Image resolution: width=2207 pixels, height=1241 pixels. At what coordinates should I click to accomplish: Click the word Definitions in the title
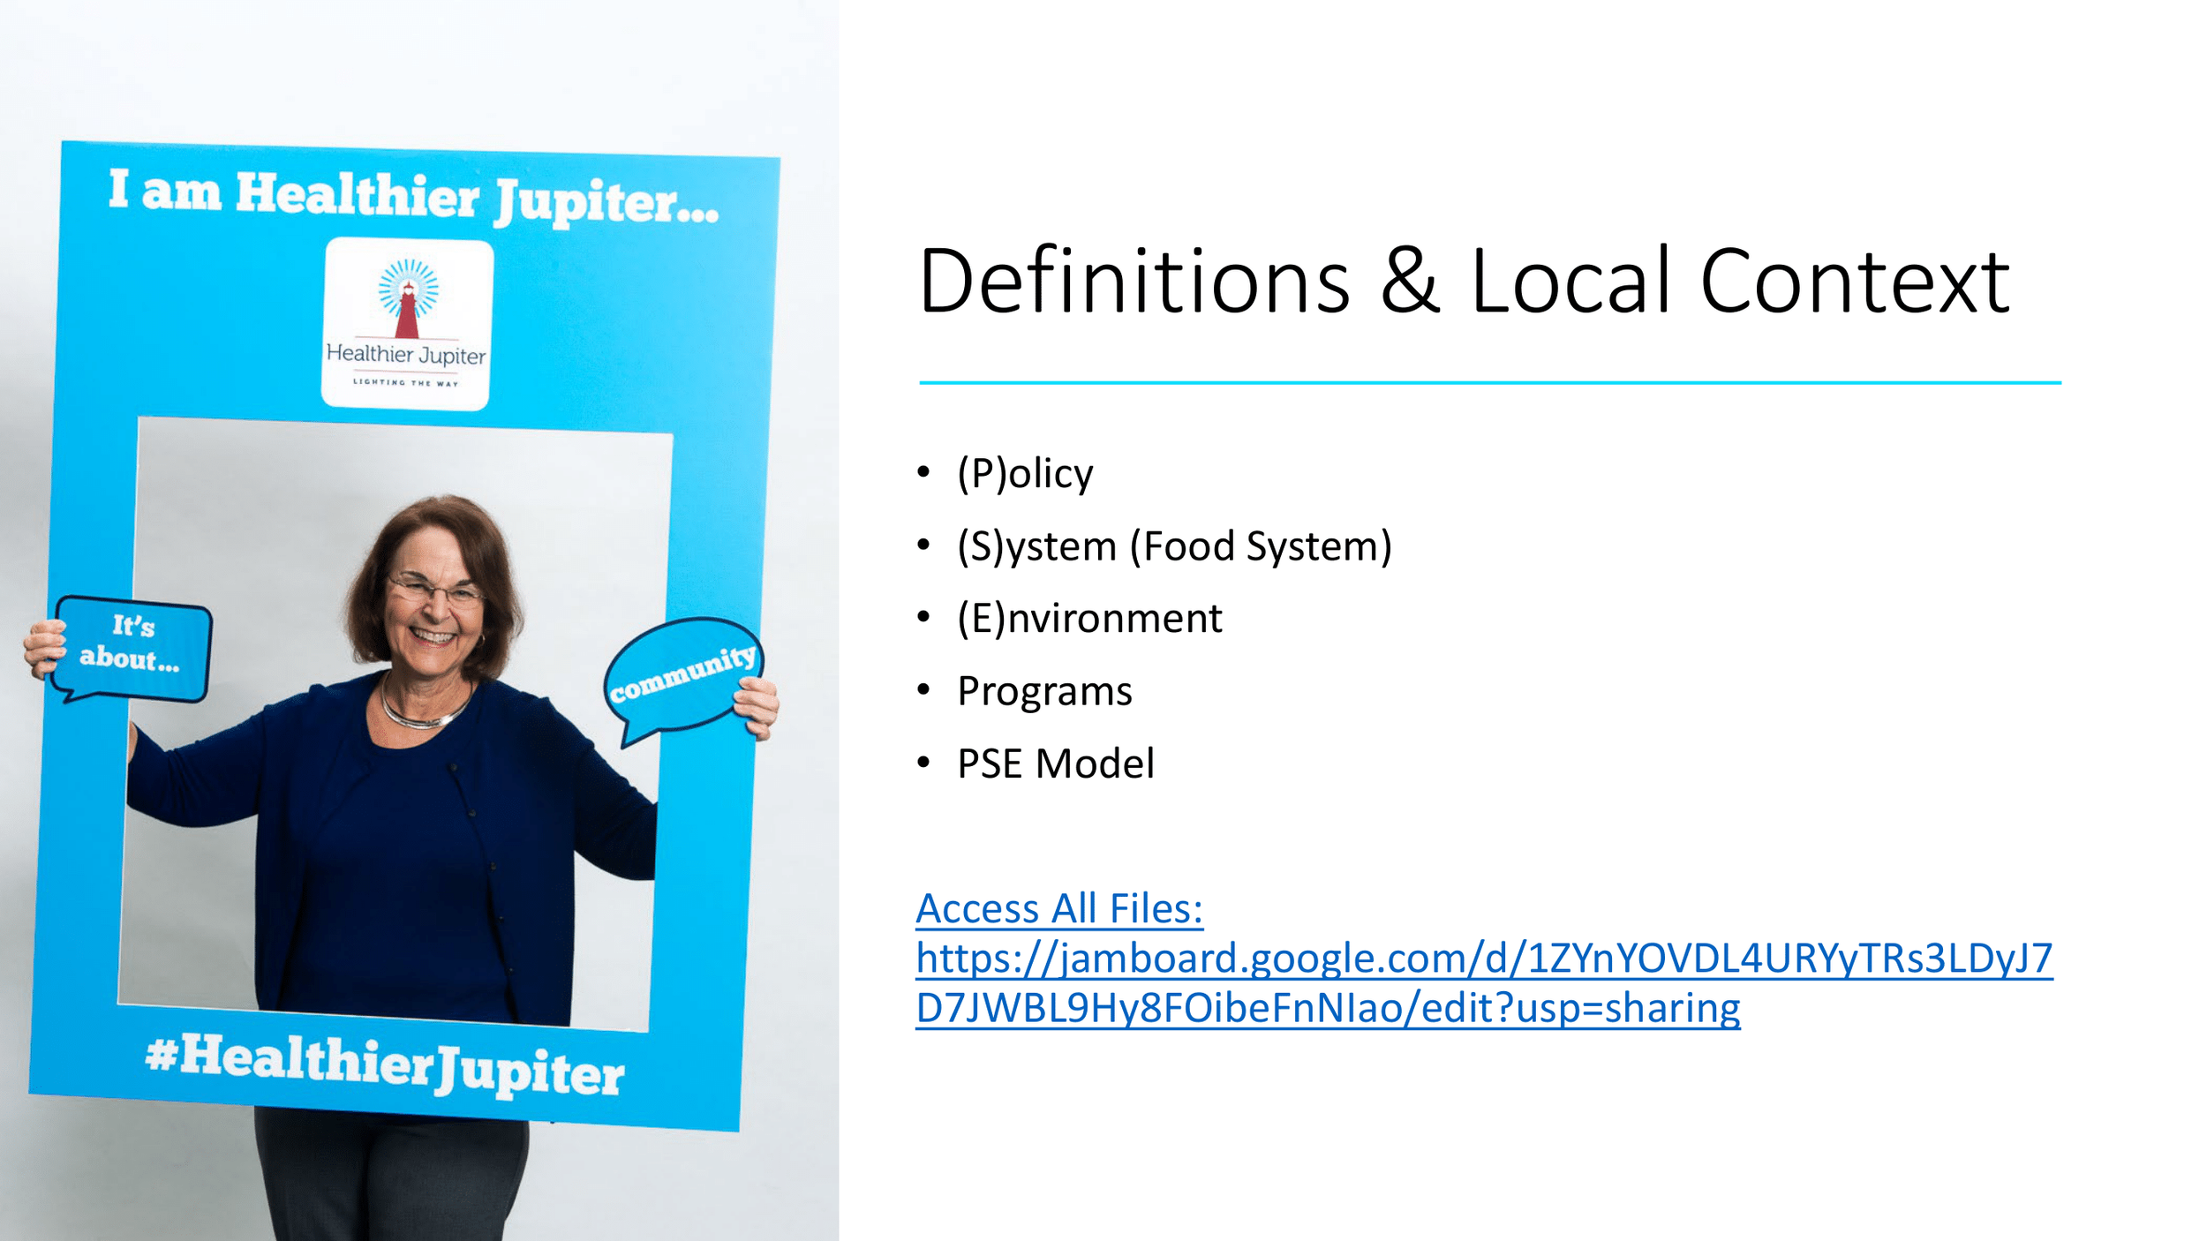pyautogui.click(x=1134, y=282)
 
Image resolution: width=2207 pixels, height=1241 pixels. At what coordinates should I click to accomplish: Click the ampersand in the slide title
pyautogui.click(x=1410, y=282)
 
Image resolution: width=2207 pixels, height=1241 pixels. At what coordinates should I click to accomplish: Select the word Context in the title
pyautogui.click(x=1854, y=282)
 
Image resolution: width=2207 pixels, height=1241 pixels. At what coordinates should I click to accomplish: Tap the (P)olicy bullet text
pyautogui.click(x=1025, y=474)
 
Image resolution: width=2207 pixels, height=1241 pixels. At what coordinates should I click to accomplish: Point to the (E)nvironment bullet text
pyautogui.click(x=1089, y=618)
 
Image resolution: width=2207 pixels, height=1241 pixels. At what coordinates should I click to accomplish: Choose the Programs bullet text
pyautogui.click(x=1044, y=691)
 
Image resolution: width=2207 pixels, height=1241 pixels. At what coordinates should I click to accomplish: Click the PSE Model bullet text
pyautogui.click(x=1055, y=763)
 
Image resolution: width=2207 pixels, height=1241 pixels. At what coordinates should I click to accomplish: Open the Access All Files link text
pyautogui.click(x=1059, y=909)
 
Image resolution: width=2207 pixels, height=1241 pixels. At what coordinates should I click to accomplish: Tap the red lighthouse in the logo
pyautogui.click(x=407, y=313)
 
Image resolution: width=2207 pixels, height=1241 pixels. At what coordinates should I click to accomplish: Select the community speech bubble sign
pyautogui.click(x=682, y=675)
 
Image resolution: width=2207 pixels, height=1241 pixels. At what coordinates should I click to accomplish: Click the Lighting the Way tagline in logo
pyautogui.click(x=405, y=383)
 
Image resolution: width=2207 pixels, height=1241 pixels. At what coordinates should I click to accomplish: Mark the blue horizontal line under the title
pyautogui.click(x=1489, y=383)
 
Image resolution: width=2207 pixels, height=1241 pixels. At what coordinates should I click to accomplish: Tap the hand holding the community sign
pyautogui.click(x=757, y=706)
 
